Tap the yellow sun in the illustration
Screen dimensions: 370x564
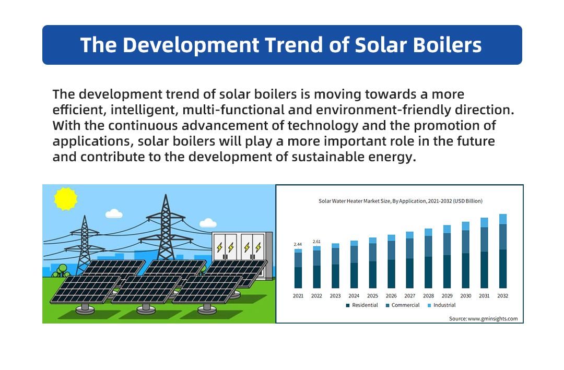[x=66, y=199]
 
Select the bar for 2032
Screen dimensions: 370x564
[x=502, y=252]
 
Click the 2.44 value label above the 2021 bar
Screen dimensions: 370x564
[x=298, y=244]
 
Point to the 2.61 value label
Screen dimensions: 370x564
[x=316, y=242]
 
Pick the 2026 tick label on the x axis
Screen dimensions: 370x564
[x=391, y=296]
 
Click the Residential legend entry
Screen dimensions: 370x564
[x=365, y=305]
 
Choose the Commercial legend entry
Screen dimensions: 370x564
[x=405, y=305]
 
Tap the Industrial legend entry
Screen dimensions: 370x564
[x=444, y=305]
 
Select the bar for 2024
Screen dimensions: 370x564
[x=354, y=265]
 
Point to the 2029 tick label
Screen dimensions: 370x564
[x=447, y=296]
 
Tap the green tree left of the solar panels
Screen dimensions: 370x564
[x=62, y=270]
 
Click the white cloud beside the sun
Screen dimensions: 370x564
[x=113, y=213]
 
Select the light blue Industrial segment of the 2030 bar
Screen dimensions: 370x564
[x=465, y=226]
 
